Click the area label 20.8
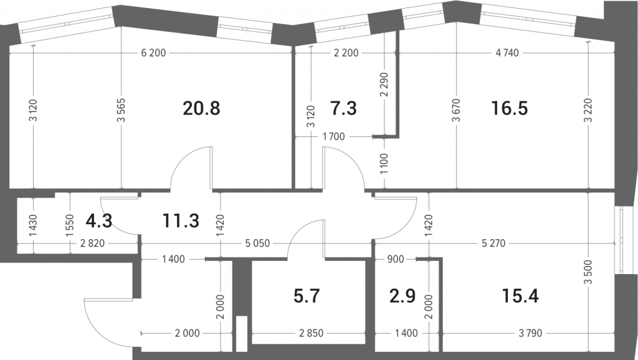201,108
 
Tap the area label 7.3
343,108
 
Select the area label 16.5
510,108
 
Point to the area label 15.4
520,296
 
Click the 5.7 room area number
307,296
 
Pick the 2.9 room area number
402,296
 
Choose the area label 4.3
99,221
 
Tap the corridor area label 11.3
181,221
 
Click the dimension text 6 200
153,53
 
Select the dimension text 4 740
507,53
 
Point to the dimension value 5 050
257,244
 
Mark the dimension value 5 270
493,244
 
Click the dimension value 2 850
312,334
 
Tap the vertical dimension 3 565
121,110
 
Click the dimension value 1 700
334,136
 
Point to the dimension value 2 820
92,244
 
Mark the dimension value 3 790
530,334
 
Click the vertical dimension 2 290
384,85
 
